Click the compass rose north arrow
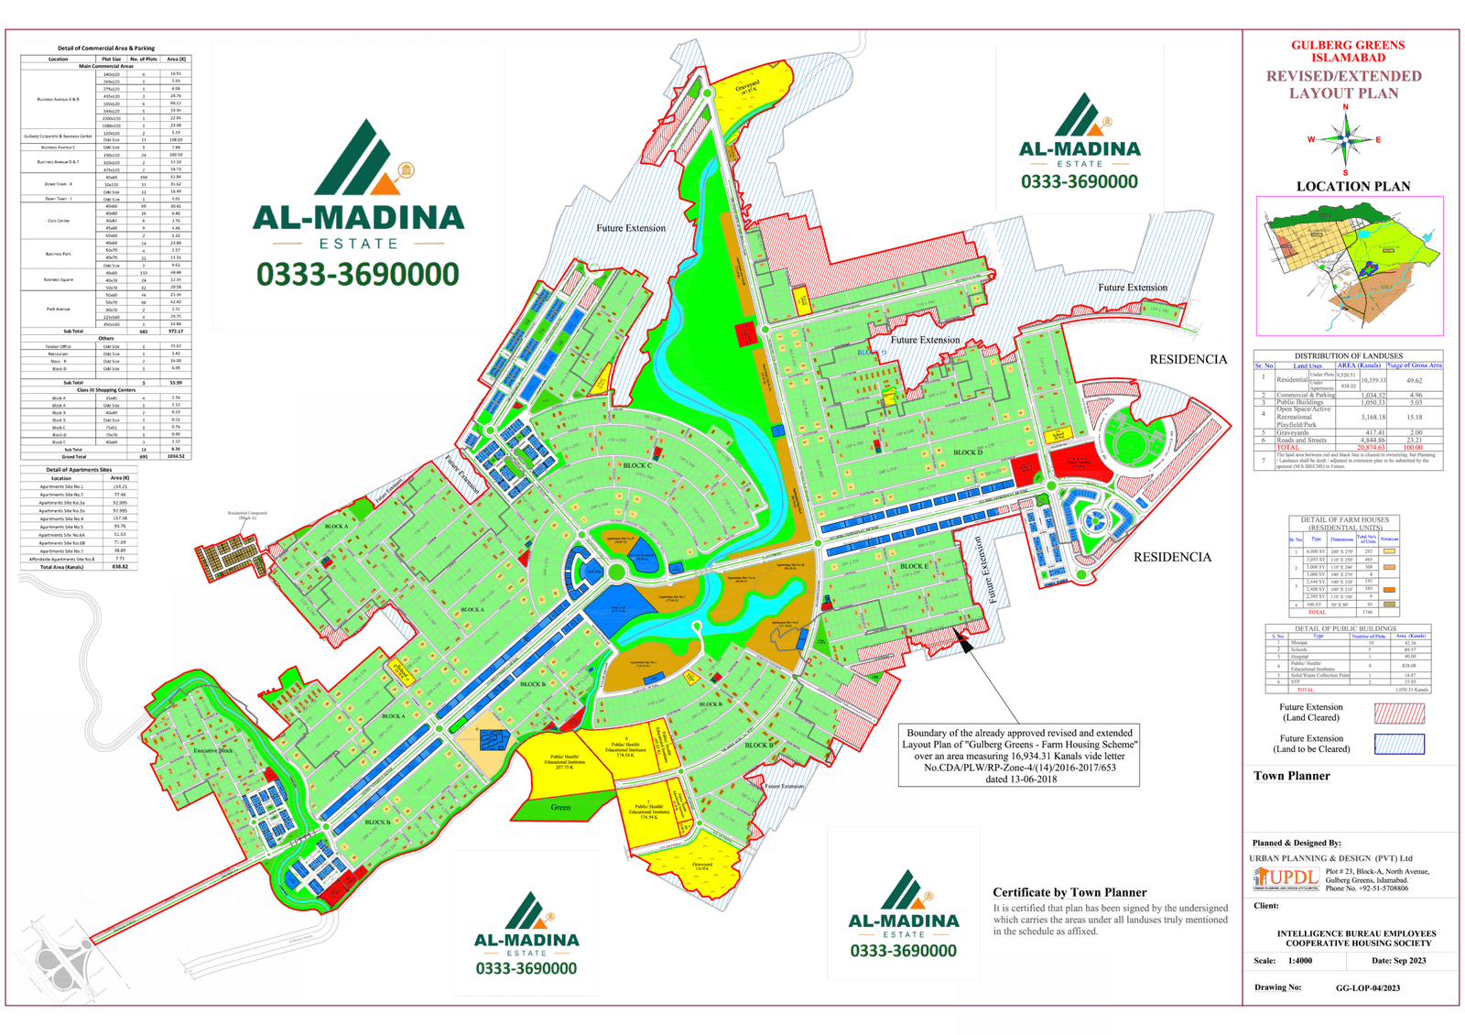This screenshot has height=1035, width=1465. coord(1346,139)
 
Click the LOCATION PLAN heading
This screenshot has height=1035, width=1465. coord(1352,186)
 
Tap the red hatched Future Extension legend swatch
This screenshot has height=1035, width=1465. coord(1399,713)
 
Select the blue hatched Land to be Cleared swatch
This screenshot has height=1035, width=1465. coord(1399,744)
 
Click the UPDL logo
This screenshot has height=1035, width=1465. coord(1287,877)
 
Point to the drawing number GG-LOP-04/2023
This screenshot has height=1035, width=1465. coord(1368,988)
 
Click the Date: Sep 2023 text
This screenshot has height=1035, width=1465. coord(1398,961)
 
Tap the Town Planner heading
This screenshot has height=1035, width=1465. coord(1291,776)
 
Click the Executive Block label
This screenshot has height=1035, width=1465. coord(212,750)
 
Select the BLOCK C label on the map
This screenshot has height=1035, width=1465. coord(637,465)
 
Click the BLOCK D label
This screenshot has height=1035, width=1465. coord(967,452)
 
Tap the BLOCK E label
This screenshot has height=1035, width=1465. coord(913,566)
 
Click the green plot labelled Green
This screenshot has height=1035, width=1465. coord(560,806)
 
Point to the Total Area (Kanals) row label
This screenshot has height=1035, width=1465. coord(61,567)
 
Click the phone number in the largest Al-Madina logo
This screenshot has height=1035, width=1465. coord(357,275)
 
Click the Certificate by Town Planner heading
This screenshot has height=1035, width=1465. coord(1069,892)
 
